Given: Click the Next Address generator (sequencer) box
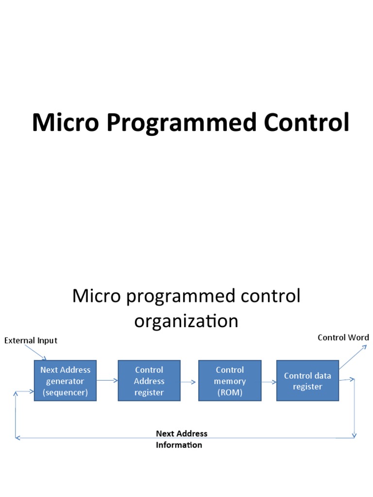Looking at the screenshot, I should pyautogui.click(x=65, y=381).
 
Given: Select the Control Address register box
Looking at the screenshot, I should pyautogui.click(x=149, y=381).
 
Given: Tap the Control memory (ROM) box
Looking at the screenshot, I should pyautogui.click(x=229, y=381).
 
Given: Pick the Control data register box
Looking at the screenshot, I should pyautogui.click(x=307, y=381).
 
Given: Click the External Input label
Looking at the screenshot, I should pyautogui.click(x=31, y=340).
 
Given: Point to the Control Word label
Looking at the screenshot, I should pyautogui.click(x=343, y=337).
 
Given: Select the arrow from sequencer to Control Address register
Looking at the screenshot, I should pyautogui.click(x=107, y=381).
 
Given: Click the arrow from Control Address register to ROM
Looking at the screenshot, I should pyautogui.click(x=189, y=381).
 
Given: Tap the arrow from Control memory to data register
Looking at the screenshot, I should pyautogui.click(x=268, y=381).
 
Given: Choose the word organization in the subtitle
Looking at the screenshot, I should pyautogui.click(x=186, y=321).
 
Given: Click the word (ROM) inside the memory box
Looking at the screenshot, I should pyautogui.click(x=229, y=393).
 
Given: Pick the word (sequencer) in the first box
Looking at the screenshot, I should pyautogui.click(x=65, y=393).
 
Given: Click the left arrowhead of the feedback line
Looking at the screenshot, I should pyautogui.click(x=17, y=438).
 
